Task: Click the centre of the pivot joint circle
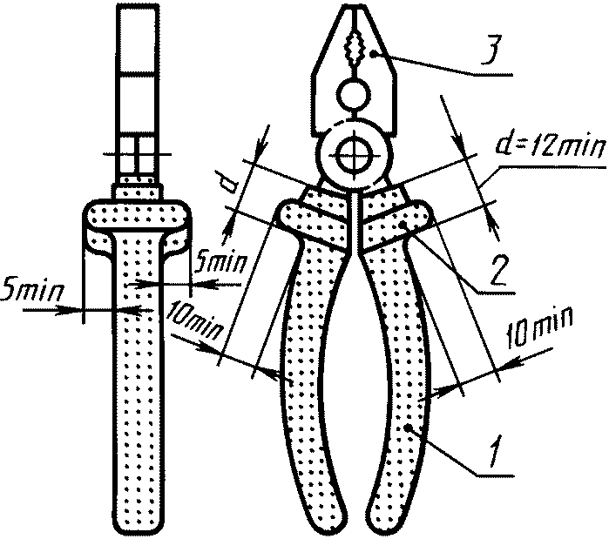[x=354, y=158]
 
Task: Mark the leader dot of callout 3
[x=372, y=54]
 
